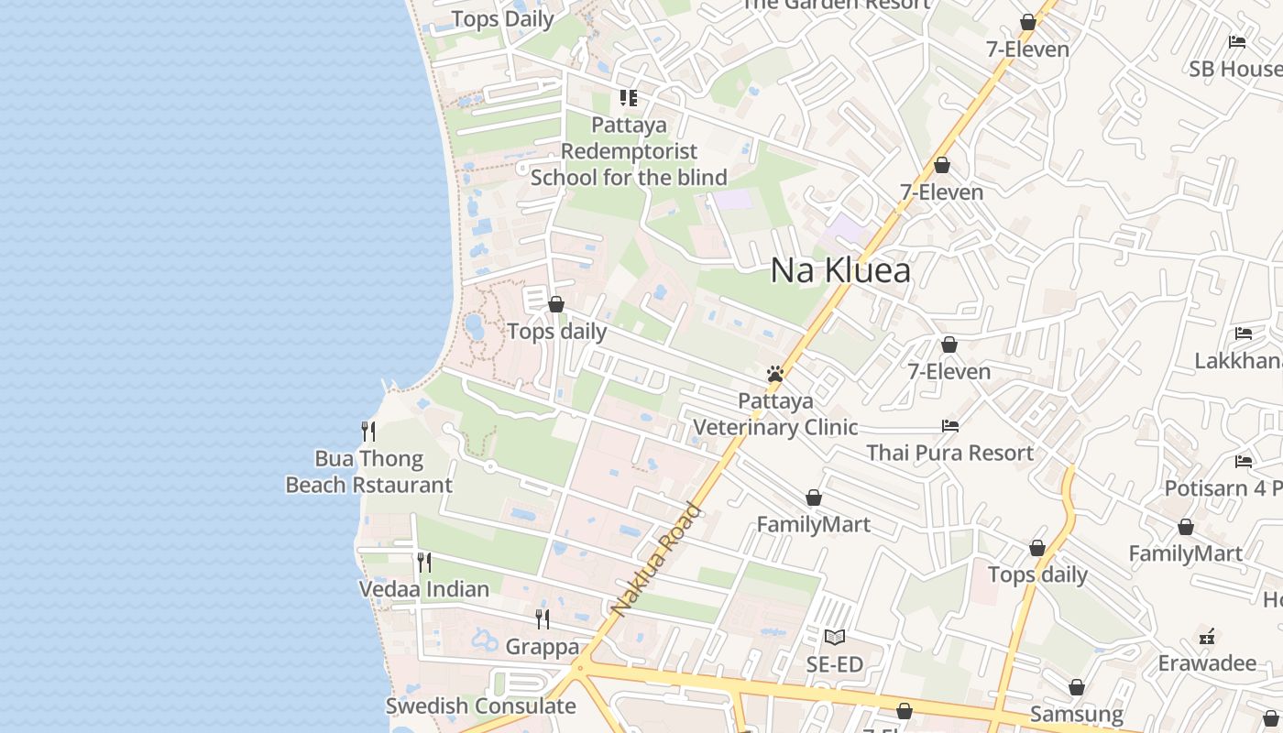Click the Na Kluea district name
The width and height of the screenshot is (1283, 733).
tap(840, 270)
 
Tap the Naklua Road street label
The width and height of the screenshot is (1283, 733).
tap(656, 560)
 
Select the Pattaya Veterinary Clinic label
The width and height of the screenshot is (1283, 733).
tap(775, 414)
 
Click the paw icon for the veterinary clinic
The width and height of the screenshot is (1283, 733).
tap(775, 374)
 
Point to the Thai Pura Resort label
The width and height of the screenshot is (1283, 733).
tap(949, 453)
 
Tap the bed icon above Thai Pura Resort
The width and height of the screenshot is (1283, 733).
tap(950, 425)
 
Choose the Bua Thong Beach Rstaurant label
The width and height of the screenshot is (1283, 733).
tap(368, 472)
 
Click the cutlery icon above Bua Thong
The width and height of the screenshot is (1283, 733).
tap(368, 431)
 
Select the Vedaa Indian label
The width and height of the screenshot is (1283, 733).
tap(423, 589)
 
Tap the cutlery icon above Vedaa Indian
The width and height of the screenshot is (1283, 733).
tap(424, 562)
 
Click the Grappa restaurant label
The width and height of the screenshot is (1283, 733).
tap(543, 647)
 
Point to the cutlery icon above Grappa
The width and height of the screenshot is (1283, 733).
tap(543, 619)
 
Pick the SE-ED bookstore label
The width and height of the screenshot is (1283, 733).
tap(834, 664)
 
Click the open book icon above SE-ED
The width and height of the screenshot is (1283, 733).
tap(834, 637)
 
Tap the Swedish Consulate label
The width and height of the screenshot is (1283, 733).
tap(480, 706)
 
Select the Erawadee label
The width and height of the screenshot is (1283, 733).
tap(1206, 662)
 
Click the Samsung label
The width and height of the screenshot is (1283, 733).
tap(1076, 714)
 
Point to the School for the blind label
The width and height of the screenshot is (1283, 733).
tap(629, 177)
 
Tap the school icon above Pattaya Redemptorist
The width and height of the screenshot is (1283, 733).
tap(628, 97)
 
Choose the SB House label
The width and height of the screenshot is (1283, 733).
tap(1235, 69)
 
